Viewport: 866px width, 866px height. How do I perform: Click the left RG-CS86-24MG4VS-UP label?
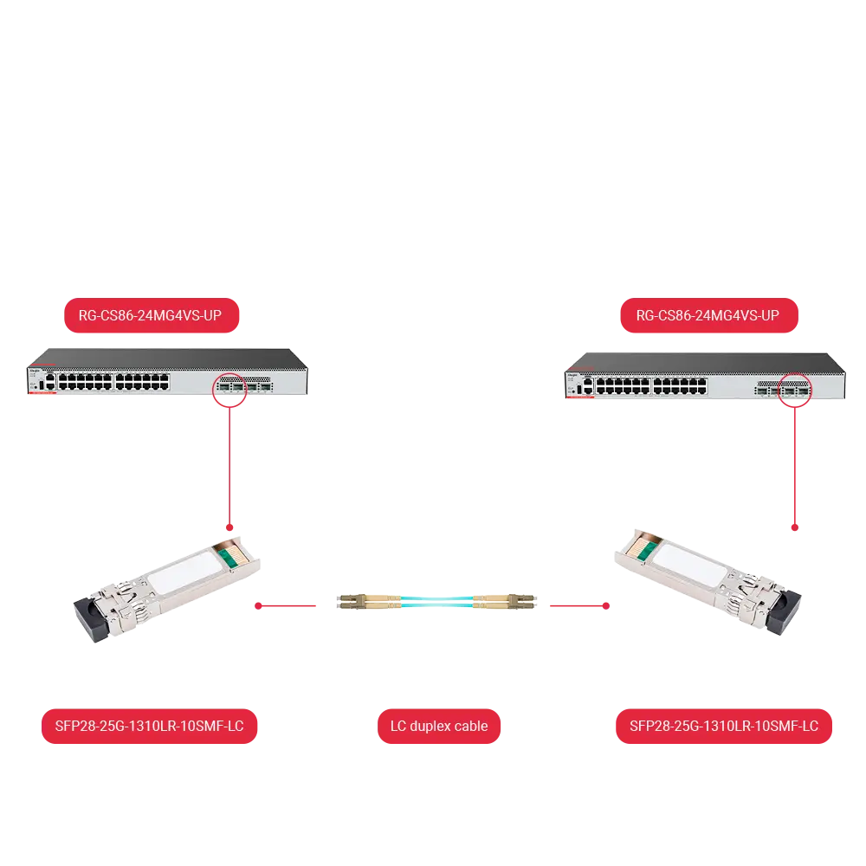(152, 315)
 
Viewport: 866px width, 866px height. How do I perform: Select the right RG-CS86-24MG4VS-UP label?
(709, 315)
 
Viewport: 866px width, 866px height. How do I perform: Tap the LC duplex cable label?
(439, 726)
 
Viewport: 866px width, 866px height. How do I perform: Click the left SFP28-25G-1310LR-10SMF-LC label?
(149, 726)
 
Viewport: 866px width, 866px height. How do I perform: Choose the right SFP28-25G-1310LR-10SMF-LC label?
(723, 726)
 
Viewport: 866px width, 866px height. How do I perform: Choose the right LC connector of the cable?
(504, 602)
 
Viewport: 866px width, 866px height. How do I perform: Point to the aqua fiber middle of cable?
(436, 602)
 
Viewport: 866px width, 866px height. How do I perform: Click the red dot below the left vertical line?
(229, 527)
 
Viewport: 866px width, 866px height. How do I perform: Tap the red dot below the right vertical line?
(795, 527)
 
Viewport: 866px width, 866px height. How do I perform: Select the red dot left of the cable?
(258, 606)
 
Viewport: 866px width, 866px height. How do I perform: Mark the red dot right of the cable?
(606, 606)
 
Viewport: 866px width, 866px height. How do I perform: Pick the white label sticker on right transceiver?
(690, 565)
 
